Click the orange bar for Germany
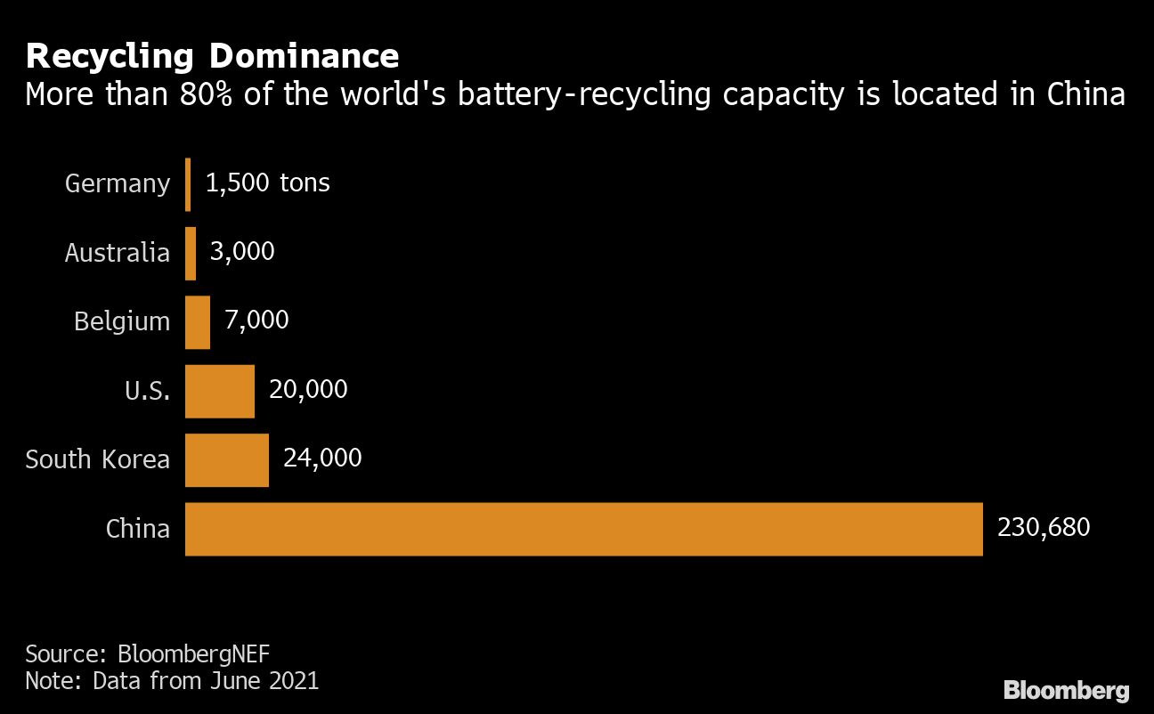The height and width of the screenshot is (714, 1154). click(x=188, y=184)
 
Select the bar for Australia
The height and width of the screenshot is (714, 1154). click(x=191, y=254)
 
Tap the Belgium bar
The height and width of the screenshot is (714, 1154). click(x=198, y=322)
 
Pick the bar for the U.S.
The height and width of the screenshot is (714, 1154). click(x=220, y=391)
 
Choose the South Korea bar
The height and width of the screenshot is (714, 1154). click(x=227, y=460)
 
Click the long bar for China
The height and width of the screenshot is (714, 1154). click(x=583, y=529)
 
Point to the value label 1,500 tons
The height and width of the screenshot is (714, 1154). click(x=267, y=183)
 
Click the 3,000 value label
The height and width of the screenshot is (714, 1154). click(x=242, y=251)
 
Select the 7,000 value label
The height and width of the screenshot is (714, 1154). click(x=256, y=320)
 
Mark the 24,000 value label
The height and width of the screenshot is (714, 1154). click(x=322, y=458)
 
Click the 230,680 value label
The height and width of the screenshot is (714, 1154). click(x=1044, y=527)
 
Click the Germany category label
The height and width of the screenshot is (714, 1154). click(x=118, y=184)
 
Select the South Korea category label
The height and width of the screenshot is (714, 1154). click(x=98, y=460)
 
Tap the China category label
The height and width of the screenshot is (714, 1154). click(x=138, y=529)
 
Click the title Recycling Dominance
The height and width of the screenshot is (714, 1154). click(x=212, y=56)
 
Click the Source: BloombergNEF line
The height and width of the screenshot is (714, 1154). click(x=147, y=654)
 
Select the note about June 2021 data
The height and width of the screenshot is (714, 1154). click(x=172, y=681)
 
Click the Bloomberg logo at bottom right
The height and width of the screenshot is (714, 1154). click(x=1066, y=690)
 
